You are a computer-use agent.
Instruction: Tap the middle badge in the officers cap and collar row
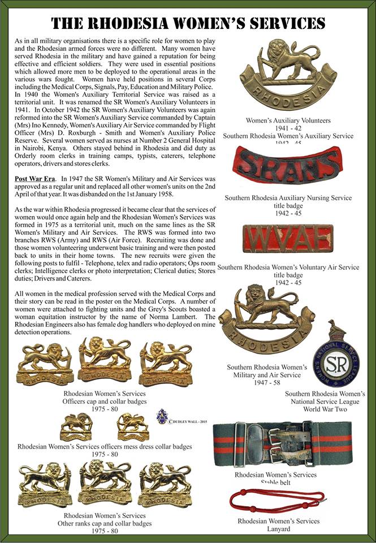pos(105,360)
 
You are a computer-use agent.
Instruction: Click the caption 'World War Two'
pos(325,408)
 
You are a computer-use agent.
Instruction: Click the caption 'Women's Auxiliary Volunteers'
pos(287,120)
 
